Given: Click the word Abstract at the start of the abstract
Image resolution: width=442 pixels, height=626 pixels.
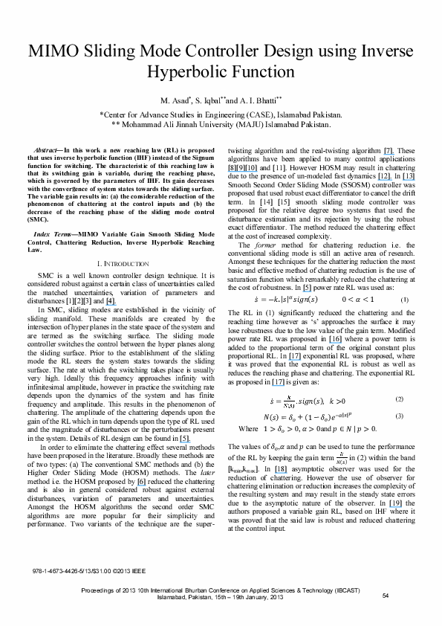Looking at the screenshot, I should coord(50,150).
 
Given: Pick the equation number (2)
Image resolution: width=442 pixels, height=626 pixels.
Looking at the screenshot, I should coord(399,399).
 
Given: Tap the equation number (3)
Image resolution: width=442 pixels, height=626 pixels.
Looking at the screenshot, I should coord(399,416).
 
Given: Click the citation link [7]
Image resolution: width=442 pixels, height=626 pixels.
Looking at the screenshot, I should coord(389,150).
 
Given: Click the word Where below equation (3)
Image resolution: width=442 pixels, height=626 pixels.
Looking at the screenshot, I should coord(247,429).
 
